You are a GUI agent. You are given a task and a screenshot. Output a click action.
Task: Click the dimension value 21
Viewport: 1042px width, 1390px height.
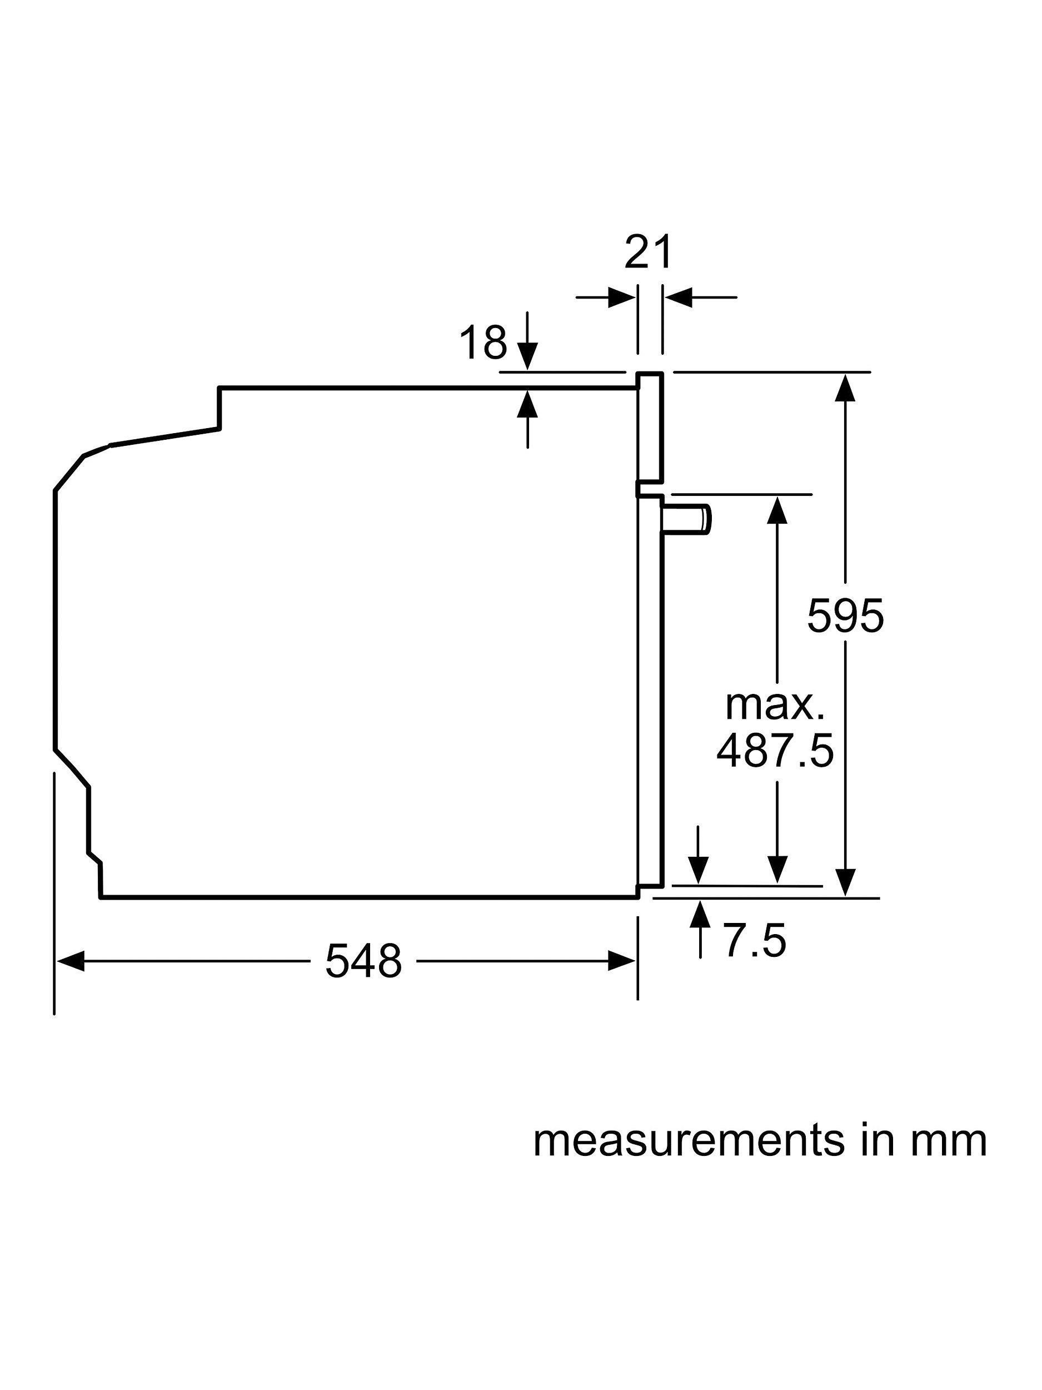[x=647, y=252]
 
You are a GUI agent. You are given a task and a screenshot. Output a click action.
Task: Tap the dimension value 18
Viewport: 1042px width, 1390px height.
[x=482, y=342]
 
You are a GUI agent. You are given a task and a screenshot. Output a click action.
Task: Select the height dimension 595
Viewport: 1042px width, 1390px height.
[x=845, y=616]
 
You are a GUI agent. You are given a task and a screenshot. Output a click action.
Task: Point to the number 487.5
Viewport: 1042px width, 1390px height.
[x=775, y=751]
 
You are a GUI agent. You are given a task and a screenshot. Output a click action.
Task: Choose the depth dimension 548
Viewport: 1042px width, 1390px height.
[x=363, y=961]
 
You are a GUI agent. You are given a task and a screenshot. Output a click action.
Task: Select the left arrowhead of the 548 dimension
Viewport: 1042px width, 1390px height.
[x=69, y=961]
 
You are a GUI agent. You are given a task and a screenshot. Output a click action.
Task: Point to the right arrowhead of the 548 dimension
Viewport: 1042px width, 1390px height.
[x=622, y=961]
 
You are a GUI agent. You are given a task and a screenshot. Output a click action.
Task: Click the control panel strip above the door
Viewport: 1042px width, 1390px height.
[x=650, y=428]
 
